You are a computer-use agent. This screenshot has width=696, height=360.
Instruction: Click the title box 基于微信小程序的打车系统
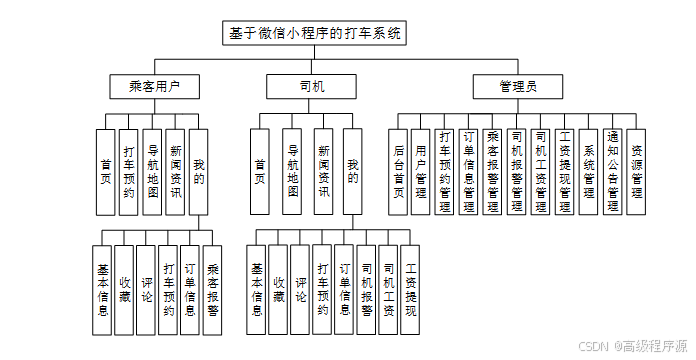click(314, 33)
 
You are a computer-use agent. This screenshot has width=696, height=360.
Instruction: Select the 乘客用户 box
click(154, 86)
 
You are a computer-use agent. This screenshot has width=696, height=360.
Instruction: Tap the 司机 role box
click(311, 86)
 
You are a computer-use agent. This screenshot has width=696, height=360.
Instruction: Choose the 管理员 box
click(518, 86)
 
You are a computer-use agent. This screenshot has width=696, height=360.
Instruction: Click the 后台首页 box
click(398, 172)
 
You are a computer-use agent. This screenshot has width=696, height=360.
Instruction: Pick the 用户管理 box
click(420, 172)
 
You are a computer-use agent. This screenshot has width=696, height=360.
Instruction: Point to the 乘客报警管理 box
click(492, 172)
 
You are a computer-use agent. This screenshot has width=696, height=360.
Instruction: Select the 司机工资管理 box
click(541, 172)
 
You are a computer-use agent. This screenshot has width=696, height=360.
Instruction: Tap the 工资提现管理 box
click(565, 172)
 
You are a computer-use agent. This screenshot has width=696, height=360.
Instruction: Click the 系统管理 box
click(589, 172)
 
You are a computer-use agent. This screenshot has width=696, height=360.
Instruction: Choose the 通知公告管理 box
click(613, 172)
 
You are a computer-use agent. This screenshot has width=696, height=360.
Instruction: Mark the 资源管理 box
click(636, 172)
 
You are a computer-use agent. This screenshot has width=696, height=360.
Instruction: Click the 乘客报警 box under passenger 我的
click(212, 290)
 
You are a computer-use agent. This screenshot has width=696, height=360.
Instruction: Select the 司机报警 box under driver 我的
click(366, 290)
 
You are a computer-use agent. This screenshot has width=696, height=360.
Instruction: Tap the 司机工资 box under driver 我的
click(388, 290)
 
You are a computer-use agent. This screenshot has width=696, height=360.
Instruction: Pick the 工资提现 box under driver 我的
click(410, 290)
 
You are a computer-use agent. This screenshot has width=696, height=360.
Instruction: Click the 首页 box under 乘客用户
click(106, 172)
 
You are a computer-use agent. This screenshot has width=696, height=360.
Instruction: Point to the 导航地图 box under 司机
click(292, 172)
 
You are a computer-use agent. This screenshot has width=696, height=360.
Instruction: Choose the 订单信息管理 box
click(468, 172)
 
